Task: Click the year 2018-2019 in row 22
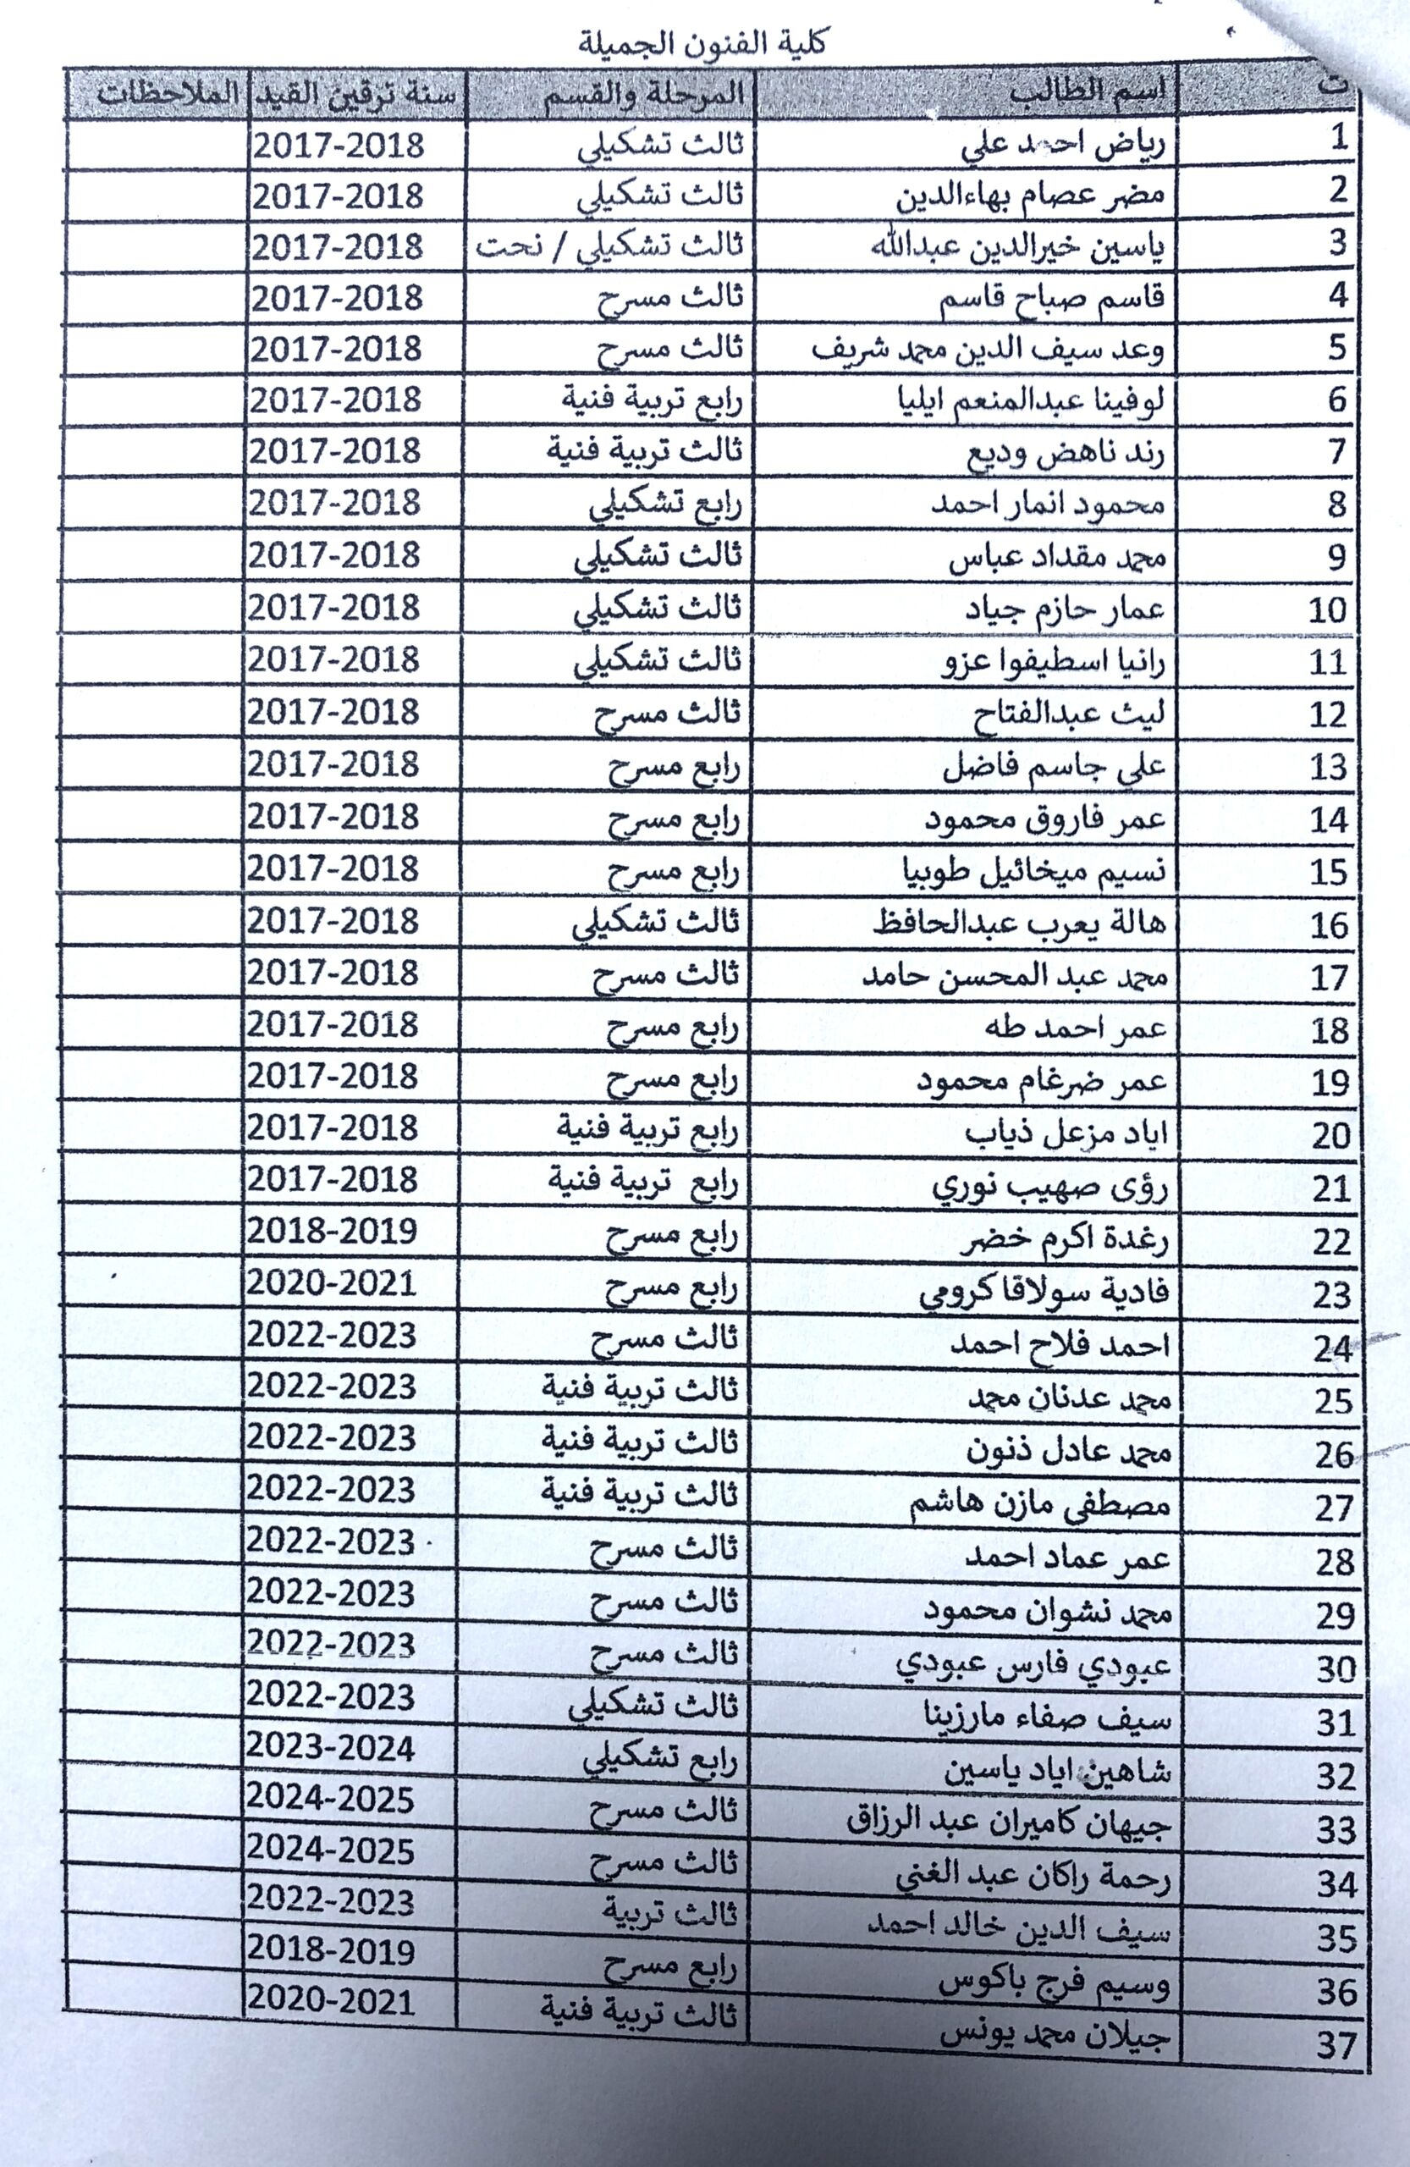click(x=333, y=1232)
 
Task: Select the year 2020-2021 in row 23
click(x=333, y=1284)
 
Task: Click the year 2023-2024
click(x=331, y=1748)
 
